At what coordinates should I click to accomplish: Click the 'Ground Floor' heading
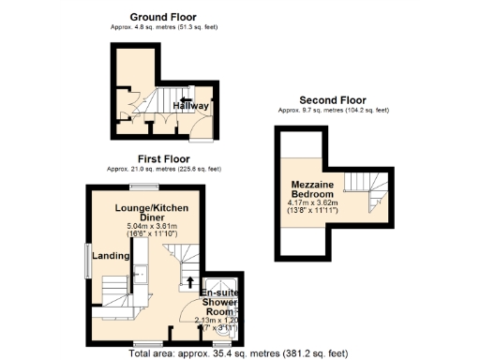tap(163, 17)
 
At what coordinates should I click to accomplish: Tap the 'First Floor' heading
tap(163, 159)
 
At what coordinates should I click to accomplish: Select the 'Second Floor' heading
tap(333, 100)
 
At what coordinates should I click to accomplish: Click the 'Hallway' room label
tap(190, 107)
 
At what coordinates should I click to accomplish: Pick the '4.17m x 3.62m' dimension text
tap(317, 202)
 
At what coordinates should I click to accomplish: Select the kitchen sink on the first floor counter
tap(139, 273)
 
